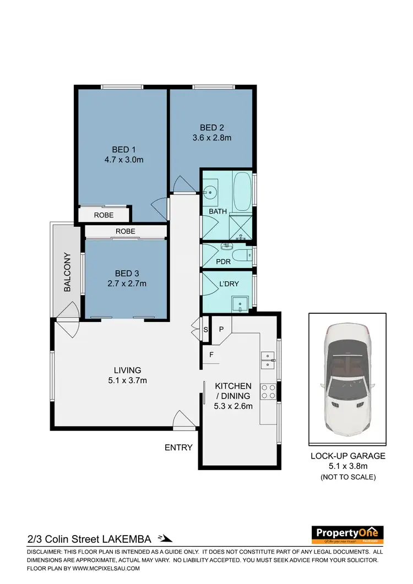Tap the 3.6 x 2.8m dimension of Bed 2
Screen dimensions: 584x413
212,138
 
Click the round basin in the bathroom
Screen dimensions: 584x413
209,193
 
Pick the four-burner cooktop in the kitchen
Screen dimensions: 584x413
268,391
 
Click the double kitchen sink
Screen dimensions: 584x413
268,359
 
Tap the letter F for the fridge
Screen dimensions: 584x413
211,355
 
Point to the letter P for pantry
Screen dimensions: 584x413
221,329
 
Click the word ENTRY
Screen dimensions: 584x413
178,447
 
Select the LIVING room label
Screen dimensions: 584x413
127,370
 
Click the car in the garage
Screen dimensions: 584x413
347,380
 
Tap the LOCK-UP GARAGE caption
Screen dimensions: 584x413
348,456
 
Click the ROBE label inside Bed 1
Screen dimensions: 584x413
104,215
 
